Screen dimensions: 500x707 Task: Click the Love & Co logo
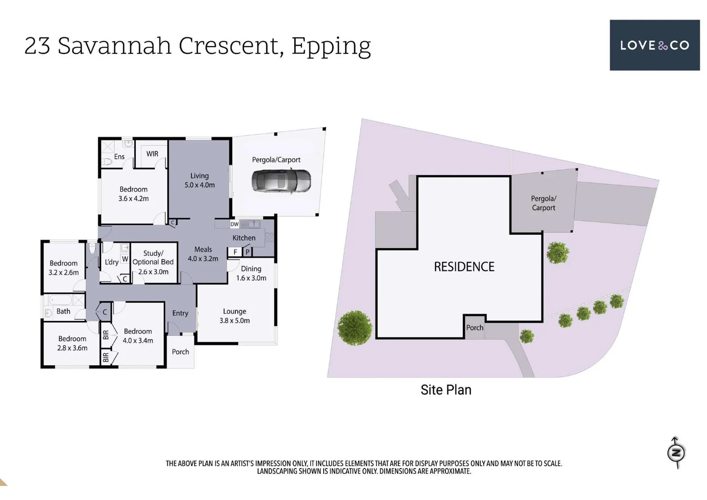click(x=654, y=45)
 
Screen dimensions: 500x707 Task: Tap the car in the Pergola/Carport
click(x=281, y=181)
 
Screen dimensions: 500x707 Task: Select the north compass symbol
click(x=676, y=452)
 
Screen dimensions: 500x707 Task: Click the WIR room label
click(x=152, y=154)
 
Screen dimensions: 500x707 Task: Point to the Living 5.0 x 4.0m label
click(x=199, y=180)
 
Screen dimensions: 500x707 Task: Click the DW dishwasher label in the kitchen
click(x=234, y=224)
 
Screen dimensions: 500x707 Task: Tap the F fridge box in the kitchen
click(x=235, y=252)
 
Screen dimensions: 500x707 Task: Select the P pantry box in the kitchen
click(x=247, y=252)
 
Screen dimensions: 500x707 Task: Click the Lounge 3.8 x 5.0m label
click(x=234, y=316)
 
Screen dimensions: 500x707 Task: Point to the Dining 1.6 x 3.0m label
click(x=251, y=273)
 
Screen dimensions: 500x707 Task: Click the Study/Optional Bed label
click(x=153, y=262)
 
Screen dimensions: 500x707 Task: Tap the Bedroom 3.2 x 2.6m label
click(x=64, y=268)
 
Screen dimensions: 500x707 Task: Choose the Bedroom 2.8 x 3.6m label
click(x=72, y=343)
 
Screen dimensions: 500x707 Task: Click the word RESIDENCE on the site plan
click(x=464, y=267)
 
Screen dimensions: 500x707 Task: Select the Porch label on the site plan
click(x=474, y=327)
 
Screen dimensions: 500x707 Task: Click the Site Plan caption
click(x=446, y=390)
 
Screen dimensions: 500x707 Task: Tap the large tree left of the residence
click(x=355, y=328)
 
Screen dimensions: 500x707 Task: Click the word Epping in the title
click(x=331, y=46)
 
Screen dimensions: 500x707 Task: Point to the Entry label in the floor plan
click(x=180, y=313)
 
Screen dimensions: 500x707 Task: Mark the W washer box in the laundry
click(x=125, y=259)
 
